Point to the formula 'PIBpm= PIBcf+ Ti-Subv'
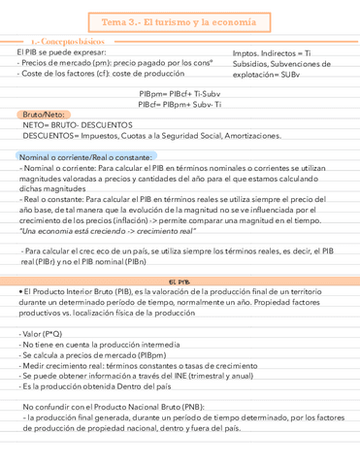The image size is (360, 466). (180, 94)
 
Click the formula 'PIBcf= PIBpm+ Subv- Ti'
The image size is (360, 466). (180, 104)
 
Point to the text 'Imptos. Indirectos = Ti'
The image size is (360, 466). (267, 52)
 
